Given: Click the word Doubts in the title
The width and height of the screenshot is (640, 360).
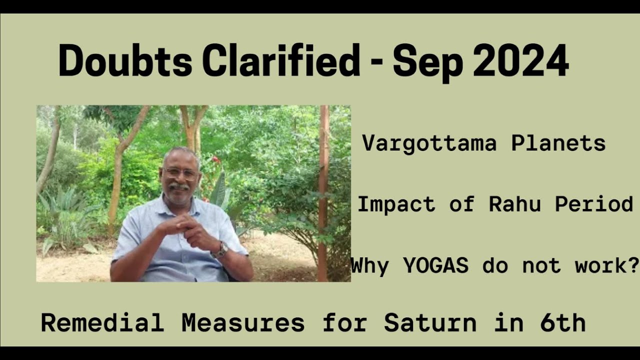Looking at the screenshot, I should (125, 61).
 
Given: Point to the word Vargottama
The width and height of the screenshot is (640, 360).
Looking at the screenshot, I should (429, 144).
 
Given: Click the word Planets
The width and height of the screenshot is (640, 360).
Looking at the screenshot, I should (558, 144).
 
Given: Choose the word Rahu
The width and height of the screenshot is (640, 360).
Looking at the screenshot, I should (515, 204).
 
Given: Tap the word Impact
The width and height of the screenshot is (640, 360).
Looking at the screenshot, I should (396, 204).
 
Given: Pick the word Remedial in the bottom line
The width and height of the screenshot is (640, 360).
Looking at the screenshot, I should (102, 323).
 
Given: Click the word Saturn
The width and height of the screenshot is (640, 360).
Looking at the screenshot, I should (430, 323).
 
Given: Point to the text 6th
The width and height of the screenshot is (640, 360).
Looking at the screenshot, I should (562, 323).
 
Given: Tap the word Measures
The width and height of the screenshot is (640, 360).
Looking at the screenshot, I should (243, 323).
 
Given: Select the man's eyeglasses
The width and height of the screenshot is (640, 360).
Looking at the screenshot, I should (181, 173).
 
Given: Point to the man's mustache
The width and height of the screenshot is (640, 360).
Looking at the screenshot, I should (179, 186).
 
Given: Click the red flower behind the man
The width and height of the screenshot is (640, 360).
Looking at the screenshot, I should (216, 160).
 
